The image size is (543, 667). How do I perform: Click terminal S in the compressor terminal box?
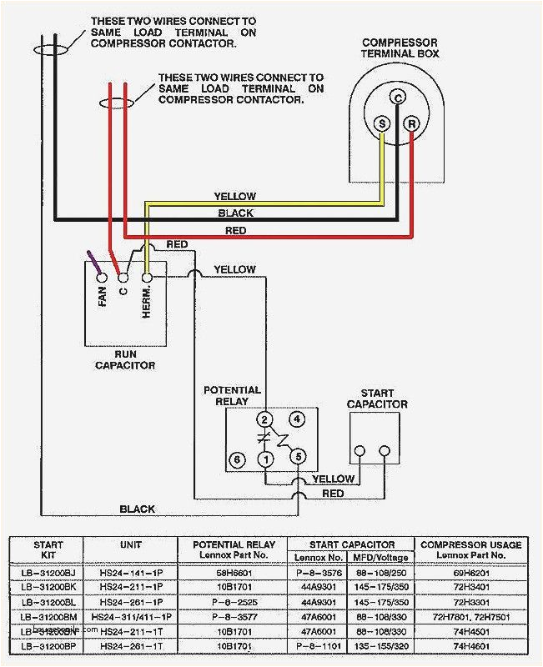[x=383, y=123]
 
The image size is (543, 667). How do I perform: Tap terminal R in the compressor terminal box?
[x=410, y=123]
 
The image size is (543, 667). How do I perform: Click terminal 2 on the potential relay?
[x=265, y=419]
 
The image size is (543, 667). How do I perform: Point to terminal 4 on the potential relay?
[x=295, y=419]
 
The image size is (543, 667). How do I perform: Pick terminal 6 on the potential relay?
[x=237, y=459]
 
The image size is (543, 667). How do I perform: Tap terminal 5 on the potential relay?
[x=296, y=457]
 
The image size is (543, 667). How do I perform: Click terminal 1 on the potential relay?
[x=265, y=459]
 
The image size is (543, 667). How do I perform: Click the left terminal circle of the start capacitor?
[x=359, y=451]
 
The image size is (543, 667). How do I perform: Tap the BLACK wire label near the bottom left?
[x=137, y=509]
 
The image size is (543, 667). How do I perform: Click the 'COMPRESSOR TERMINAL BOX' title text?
[x=400, y=48]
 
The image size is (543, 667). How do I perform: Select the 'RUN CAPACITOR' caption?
[x=124, y=359]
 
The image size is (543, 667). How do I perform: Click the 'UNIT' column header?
[x=130, y=544]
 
